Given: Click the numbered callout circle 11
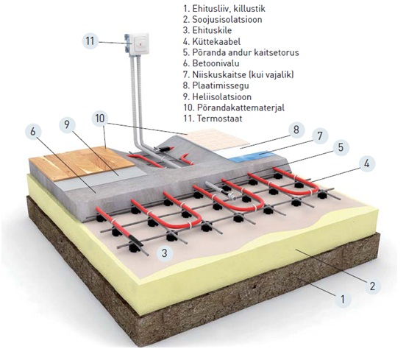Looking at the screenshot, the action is tap(90, 41).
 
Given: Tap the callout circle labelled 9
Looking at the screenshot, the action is tap(67, 124).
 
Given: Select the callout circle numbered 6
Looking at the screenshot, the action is tap(33, 131).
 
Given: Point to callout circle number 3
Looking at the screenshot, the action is tap(164, 253).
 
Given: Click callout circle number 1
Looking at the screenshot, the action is tap(343, 299).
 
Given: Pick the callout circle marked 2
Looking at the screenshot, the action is tap(372, 286).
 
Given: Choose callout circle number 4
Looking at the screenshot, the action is tap(366, 163).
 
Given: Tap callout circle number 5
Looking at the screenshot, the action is tap(341, 147).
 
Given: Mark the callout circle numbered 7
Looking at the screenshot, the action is tap(320, 135).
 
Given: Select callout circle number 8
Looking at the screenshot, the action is tap(296, 130).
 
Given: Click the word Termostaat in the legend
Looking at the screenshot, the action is tap(220, 119).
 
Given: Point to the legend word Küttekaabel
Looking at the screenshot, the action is tap(216, 41).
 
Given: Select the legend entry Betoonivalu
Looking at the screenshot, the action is tap(216, 63).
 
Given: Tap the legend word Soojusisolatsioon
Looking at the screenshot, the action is tap(227, 19).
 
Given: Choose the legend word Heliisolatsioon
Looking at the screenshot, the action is tap(222, 96).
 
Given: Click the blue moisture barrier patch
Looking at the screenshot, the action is tap(252, 156).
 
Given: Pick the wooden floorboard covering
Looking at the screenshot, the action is tap(82, 163).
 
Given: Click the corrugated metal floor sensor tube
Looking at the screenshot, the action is tap(221, 191).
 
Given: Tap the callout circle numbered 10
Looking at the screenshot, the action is tap(100, 119).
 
